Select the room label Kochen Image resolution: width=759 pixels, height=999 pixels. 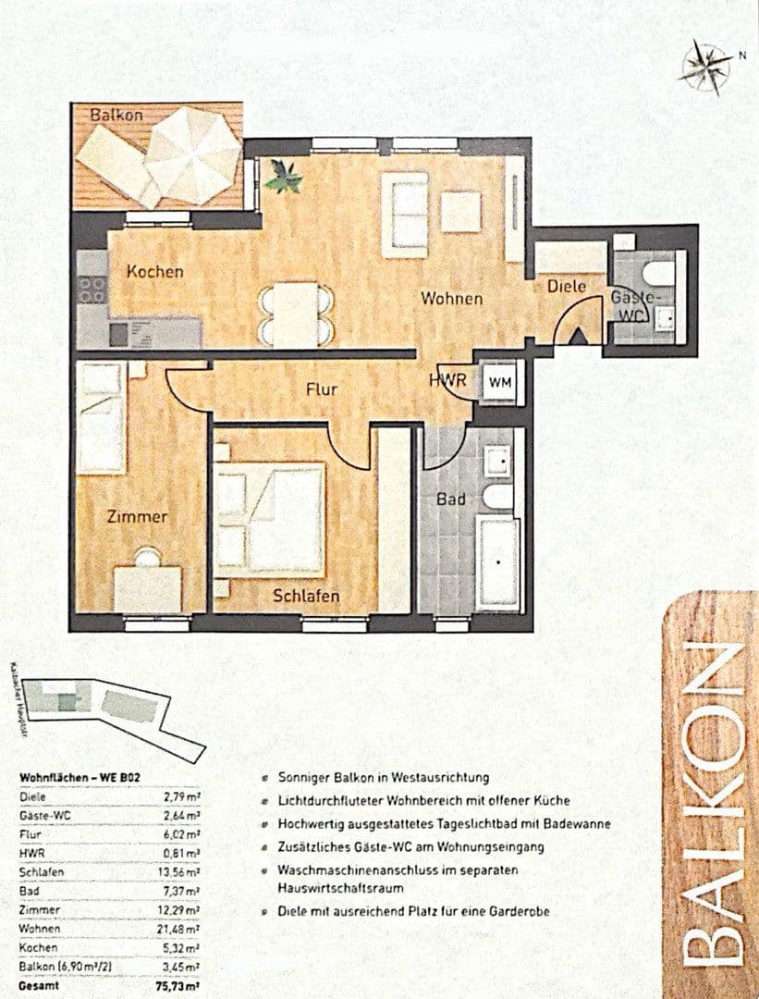(x=154, y=272)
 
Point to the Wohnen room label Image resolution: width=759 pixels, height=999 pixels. (x=452, y=299)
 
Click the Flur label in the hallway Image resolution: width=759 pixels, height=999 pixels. (x=322, y=389)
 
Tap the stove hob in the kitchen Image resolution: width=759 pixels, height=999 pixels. (x=92, y=289)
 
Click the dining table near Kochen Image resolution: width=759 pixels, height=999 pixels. (x=296, y=313)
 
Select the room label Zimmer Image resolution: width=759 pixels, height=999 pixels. (x=136, y=516)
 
